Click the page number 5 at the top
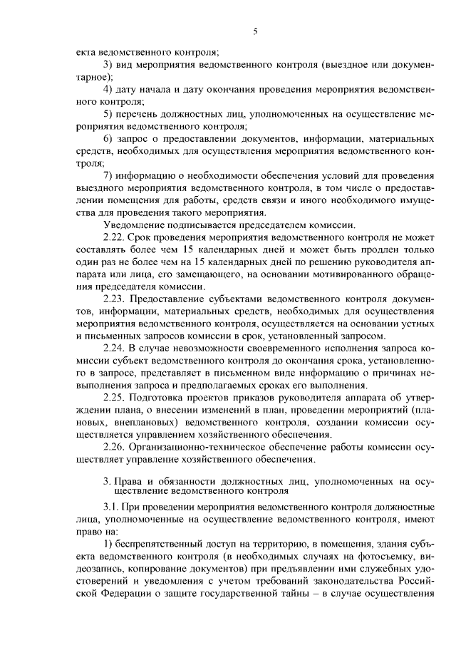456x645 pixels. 254,31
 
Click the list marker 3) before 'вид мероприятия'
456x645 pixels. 109,66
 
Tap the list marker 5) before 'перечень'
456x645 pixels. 109,114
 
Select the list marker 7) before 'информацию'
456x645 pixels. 109,176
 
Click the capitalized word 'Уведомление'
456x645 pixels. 135,225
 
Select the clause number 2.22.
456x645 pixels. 114,237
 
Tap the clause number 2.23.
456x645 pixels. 114,299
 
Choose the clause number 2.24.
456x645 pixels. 114,349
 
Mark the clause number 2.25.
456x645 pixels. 114,398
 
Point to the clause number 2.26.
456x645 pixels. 114,448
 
